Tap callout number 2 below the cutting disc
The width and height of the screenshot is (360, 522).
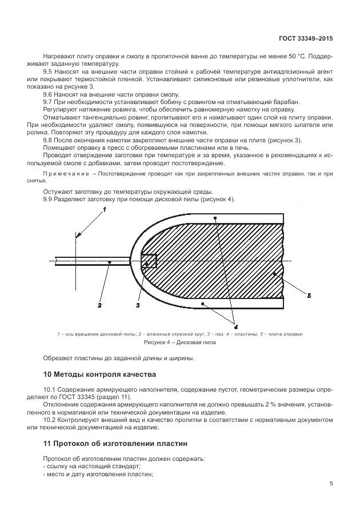[x=99, y=306]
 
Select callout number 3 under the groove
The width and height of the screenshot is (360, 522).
[x=138, y=306]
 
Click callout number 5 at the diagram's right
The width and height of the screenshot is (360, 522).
[x=309, y=296]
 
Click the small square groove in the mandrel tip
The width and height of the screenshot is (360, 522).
[x=149, y=262]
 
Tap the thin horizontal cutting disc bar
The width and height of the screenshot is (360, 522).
[x=91, y=262]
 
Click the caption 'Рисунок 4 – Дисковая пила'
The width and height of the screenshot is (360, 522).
[x=180, y=343]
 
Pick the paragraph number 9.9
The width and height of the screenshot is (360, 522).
[x=49, y=199]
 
